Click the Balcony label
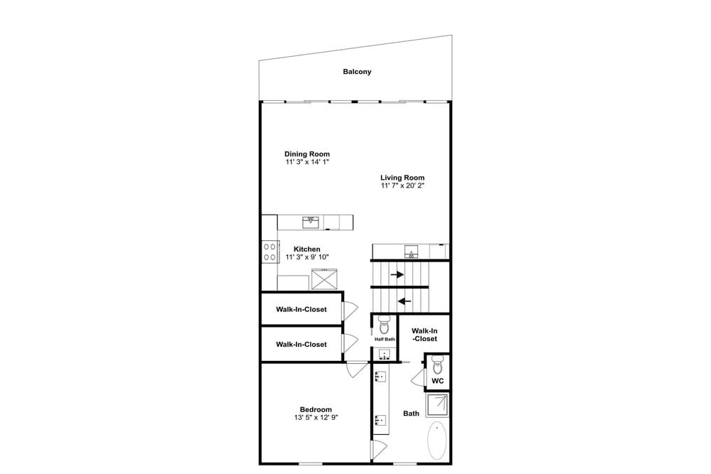tap(357, 72)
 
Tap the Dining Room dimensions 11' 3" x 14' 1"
tap(307, 162)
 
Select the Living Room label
tap(402, 178)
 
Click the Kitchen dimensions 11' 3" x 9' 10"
tap(307, 257)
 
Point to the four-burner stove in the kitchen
tap(269, 252)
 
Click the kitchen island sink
tap(311, 222)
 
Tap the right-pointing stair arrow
tap(397, 274)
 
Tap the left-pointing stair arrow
tap(404, 301)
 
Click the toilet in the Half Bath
tap(384, 324)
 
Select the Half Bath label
tap(385, 339)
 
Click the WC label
tap(437, 381)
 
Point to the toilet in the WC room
tap(437, 364)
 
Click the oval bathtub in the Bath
tap(437, 440)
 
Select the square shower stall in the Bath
tap(437, 405)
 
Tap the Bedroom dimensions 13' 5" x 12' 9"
tap(316, 417)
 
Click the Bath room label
tap(411, 414)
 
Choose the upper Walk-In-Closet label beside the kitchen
tap(301, 310)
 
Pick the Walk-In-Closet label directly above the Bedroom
tap(301, 345)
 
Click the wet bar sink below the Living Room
tap(411, 252)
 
